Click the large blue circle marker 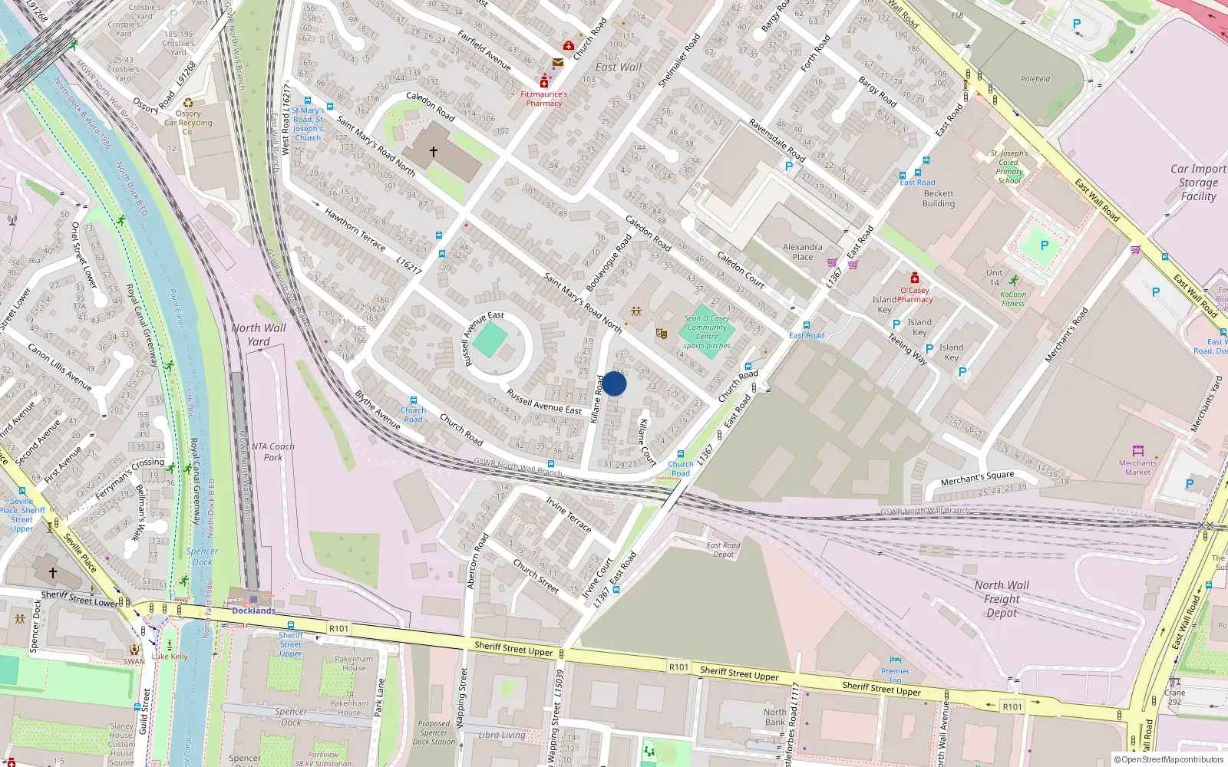(614, 383)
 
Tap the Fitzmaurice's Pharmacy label (544, 99)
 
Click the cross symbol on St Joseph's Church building (434, 152)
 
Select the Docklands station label (253, 611)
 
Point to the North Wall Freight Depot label (1002, 599)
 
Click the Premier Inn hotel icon (895, 660)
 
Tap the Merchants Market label (1137, 467)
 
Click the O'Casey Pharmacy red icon (914, 278)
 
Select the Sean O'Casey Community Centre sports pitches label (707, 332)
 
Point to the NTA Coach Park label (272, 451)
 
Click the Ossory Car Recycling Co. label (188, 122)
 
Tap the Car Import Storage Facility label (1198, 183)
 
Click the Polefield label (1035, 79)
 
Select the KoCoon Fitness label (1013, 298)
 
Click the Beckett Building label (939, 199)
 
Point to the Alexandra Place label (803, 252)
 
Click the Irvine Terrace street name (569, 515)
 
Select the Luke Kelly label (170, 657)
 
